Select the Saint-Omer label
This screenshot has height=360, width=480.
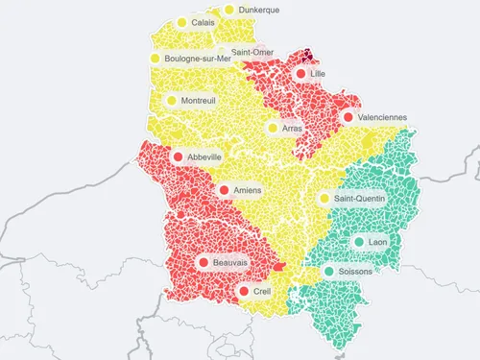[254, 52]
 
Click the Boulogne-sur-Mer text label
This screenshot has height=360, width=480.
[198, 59]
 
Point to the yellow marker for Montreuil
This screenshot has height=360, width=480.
[172, 100]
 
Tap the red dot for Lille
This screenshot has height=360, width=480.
[301, 74]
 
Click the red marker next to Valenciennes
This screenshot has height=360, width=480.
[347, 117]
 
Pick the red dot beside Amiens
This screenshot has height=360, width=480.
[224, 191]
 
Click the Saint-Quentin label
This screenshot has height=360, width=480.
[358, 199]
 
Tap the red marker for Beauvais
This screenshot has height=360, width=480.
[204, 261]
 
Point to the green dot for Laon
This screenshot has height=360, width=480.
[359, 242]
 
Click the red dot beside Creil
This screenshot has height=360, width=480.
[244, 291]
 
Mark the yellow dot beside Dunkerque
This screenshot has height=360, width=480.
[228, 11]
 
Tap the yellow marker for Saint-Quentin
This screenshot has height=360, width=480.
[324, 199]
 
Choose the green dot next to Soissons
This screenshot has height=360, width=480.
[329, 272]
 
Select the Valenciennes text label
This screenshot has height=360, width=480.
[382, 117]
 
